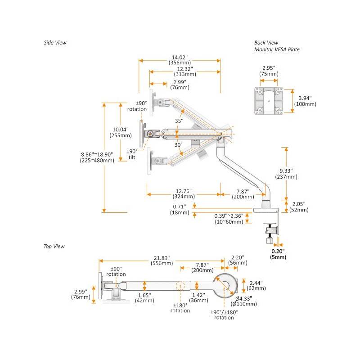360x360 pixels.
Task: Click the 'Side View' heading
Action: click(55, 43)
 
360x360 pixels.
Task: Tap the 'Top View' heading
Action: click(54, 246)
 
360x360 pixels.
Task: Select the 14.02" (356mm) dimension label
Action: click(179, 60)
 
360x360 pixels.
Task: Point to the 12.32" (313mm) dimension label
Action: click(184, 72)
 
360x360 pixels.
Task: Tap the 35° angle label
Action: click(179, 121)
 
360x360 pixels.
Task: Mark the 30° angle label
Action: click(178, 145)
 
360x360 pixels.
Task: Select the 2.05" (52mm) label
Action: click(298, 207)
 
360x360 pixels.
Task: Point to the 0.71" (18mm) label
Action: click(180, 210)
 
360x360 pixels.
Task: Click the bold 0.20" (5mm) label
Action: click(278, 254)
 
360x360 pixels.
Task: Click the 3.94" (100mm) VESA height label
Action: click(305, 100)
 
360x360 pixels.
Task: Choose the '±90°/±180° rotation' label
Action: click(224, 315)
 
